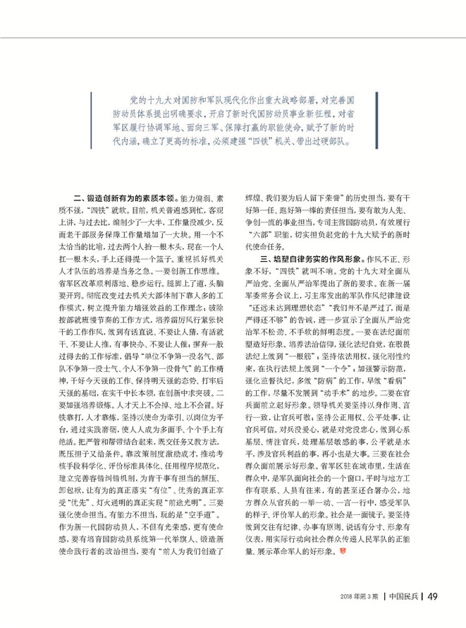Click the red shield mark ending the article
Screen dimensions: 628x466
point(343,550)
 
